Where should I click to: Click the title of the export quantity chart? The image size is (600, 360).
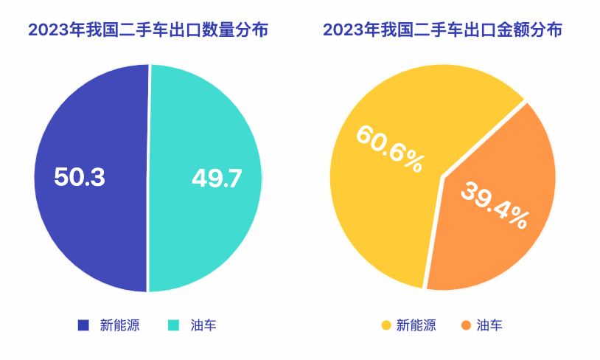coord(147,30)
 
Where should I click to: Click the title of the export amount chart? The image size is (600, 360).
coord(442,30)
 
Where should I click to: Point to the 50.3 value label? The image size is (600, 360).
coord(80,177)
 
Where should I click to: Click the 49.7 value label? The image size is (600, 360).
coord(217,178)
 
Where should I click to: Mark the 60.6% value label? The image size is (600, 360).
coord(389,148)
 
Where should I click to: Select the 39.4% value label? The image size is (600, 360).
coord(495,204)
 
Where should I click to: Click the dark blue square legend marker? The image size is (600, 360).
coord(83,325)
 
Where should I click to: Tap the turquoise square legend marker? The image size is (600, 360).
coord(175,325)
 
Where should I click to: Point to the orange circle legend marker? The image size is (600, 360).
coord(465,325)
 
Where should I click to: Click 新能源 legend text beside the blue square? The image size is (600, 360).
coord(119,325)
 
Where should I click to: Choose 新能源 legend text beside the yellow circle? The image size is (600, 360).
coord(416,325)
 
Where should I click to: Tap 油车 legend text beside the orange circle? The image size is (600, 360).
coord(489,325)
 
